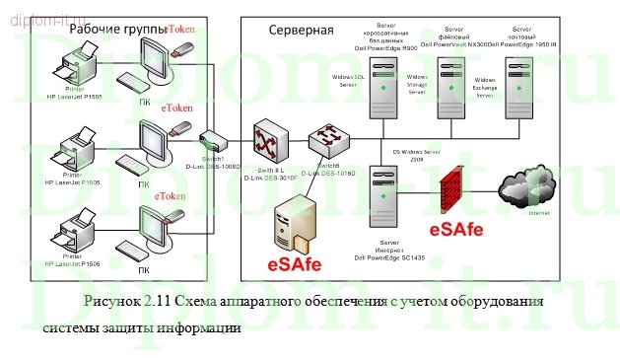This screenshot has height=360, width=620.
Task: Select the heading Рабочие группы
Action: coord(114,30)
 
